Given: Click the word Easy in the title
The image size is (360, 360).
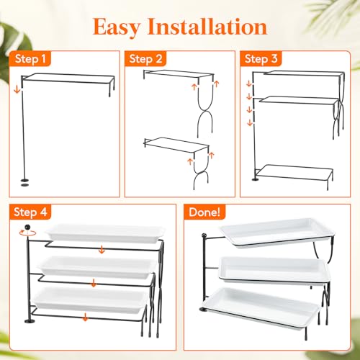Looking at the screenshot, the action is click(117, 27).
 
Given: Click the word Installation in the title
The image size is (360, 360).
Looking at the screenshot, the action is click(207, 27).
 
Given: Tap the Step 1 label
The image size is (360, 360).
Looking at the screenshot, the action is click(30, 59).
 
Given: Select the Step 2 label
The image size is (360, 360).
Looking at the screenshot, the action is click(145, 59).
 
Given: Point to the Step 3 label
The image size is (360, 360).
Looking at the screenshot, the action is click(261, 59).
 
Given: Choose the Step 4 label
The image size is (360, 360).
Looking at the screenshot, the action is click(30, 212).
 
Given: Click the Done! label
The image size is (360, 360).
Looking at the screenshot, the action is click(204, 212).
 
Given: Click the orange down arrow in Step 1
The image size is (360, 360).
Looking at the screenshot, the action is click(17, 90).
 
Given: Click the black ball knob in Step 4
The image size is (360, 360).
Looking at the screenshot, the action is click(28, 227).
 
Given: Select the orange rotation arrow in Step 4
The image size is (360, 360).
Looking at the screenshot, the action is click(28, 233).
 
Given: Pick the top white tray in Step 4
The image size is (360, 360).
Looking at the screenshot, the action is click(105, 233).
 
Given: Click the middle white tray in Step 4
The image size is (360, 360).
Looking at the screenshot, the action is click(97, 267).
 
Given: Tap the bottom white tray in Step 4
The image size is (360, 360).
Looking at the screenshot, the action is click(90, 300).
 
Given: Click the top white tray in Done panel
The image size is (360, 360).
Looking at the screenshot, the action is click(277, 232).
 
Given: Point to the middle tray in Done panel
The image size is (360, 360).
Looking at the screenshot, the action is click(274, 270).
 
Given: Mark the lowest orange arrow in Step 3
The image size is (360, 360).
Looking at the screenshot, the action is click(250, 122).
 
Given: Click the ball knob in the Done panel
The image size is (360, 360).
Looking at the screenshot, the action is click(204, 235).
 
